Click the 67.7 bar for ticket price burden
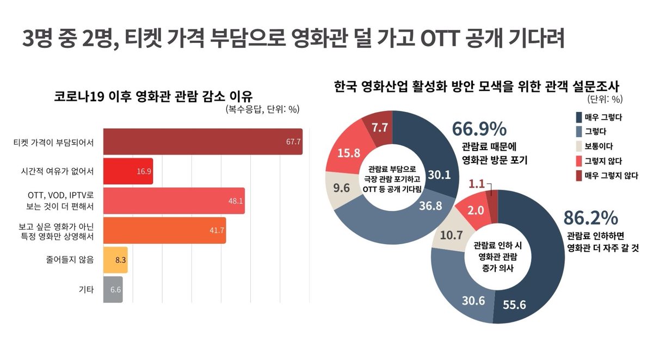pyautogui.click(x=202, y=142)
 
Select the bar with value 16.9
pyautogui.click(x=128, y=171)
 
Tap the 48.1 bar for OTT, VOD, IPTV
pyautogui.click(x=174, y=201)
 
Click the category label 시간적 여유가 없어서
pyautogui.click(x=54, y=171)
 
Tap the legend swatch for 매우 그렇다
pyautogui.click(x=578, y=117)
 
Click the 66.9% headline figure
pyautogui.click(x=479, y=129)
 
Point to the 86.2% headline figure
pyautogui.click(x=590, y=218)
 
